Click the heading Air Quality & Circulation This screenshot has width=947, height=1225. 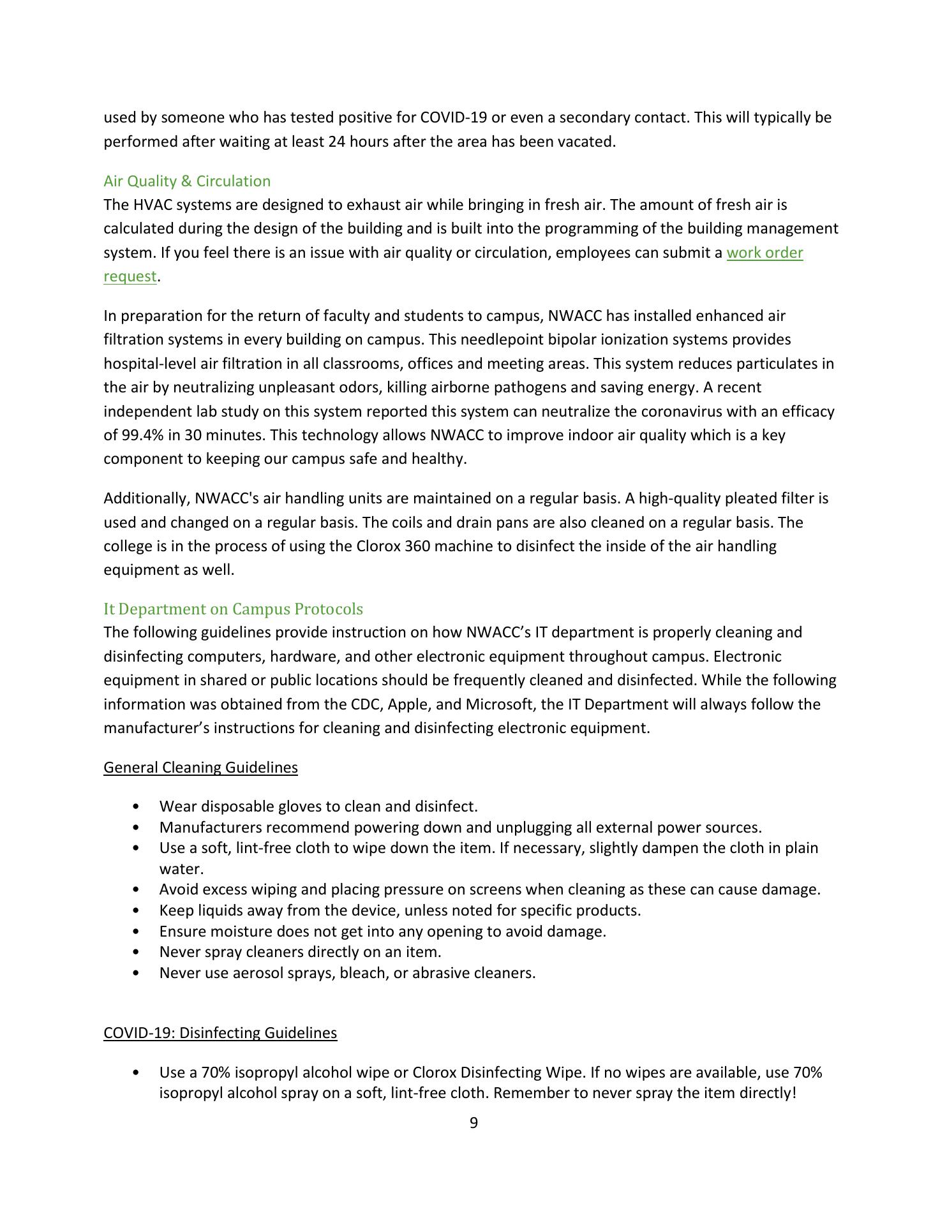(187, 181)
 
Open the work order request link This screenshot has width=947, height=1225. (764, 253)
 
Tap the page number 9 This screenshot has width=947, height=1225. (473, 1123)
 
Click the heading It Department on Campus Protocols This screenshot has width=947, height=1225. (233, 609)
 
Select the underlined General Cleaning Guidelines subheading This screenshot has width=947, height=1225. (200, 767)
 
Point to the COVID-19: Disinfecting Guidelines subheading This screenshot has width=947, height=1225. (220, 1032)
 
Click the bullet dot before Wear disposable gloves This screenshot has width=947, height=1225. (135, 807)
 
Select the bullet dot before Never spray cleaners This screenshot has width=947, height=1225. (135, 952)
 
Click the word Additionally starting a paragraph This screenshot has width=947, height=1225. (145, 498)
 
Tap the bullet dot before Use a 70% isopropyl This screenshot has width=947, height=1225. (135, 1073)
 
